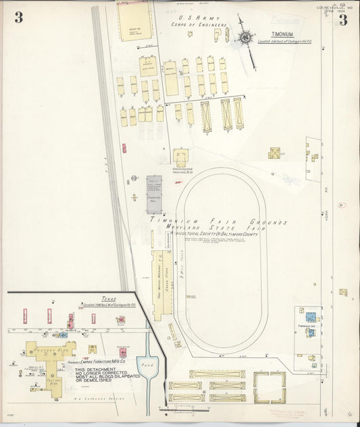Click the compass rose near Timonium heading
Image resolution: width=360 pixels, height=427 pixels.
pyautogui.click(x=243, y=38)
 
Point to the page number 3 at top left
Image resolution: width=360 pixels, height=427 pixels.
pyautogui.click(x=18, y=18)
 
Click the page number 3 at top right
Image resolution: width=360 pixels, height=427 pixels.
pyautogui.click(x=343, y=20)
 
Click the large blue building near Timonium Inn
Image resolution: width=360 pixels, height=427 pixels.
pyautogui.click(x=311, y=316)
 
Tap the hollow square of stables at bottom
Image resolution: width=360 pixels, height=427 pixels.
pyautogui.click(x=270, y=388)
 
